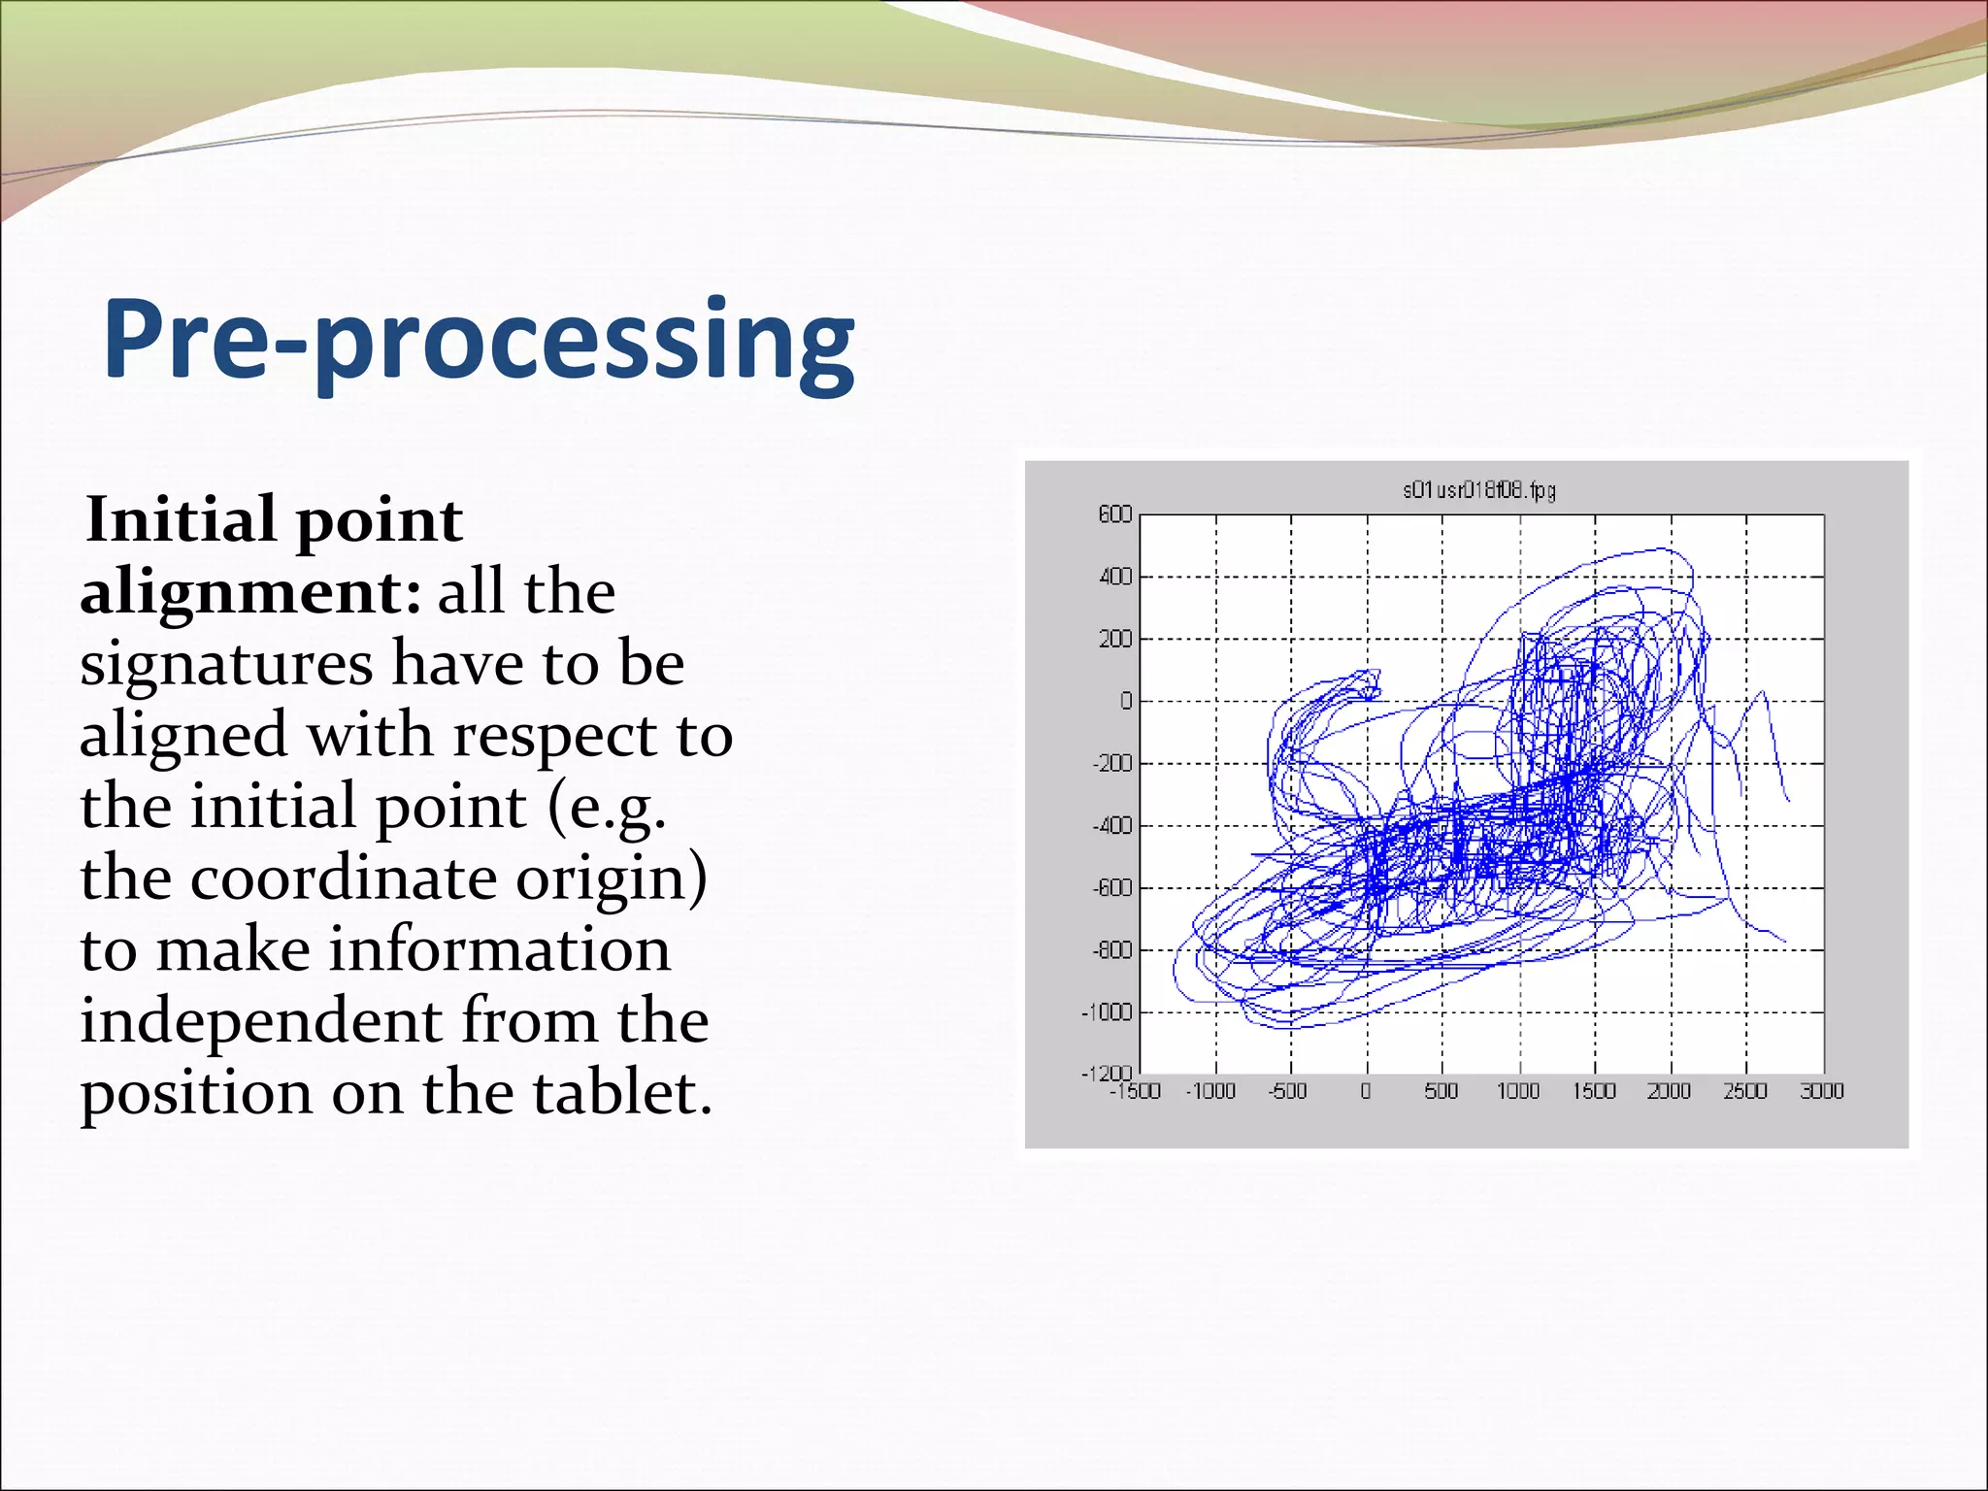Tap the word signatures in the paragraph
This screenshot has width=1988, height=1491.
click(226, 664)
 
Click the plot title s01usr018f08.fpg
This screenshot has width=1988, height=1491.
click(1478, 490)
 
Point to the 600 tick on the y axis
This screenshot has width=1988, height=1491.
click(1115, 514)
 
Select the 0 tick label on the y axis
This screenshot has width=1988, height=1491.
click(1126, 701)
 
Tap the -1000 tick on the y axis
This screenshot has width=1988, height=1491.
click(1107, 1012)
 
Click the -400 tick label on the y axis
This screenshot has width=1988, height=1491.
click(1111, 826)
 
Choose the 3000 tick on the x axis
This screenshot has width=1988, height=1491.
click(1821, 1091)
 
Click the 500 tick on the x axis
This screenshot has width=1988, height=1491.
click(1441, 1091)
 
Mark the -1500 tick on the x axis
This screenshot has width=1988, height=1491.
click(1136, 1091)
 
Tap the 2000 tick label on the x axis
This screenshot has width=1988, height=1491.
click(1669, 1091)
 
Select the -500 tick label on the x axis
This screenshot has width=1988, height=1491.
click(1288, 1091)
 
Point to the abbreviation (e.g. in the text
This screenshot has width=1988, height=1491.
click(608, 808)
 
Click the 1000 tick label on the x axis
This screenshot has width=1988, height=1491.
click(1518, 1091)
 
